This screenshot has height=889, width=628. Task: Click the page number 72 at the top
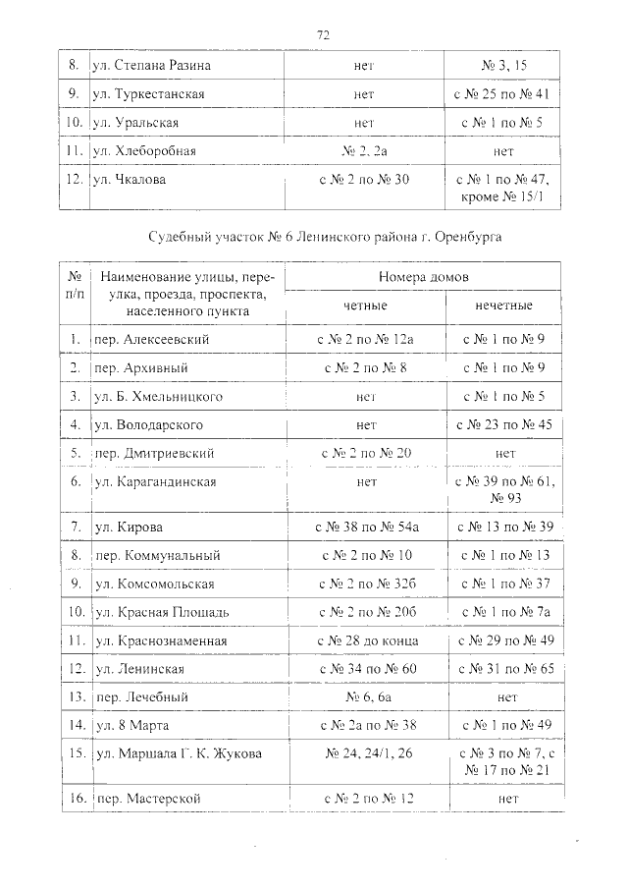click(322, 34)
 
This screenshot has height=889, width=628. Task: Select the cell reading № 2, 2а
click(364, 151)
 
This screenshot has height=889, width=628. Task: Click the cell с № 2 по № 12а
click(364, 340)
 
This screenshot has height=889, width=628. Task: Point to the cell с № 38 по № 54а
click(364, 528)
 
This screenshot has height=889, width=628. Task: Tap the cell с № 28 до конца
click(364, 640)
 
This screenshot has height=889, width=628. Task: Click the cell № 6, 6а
click(364, 696)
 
